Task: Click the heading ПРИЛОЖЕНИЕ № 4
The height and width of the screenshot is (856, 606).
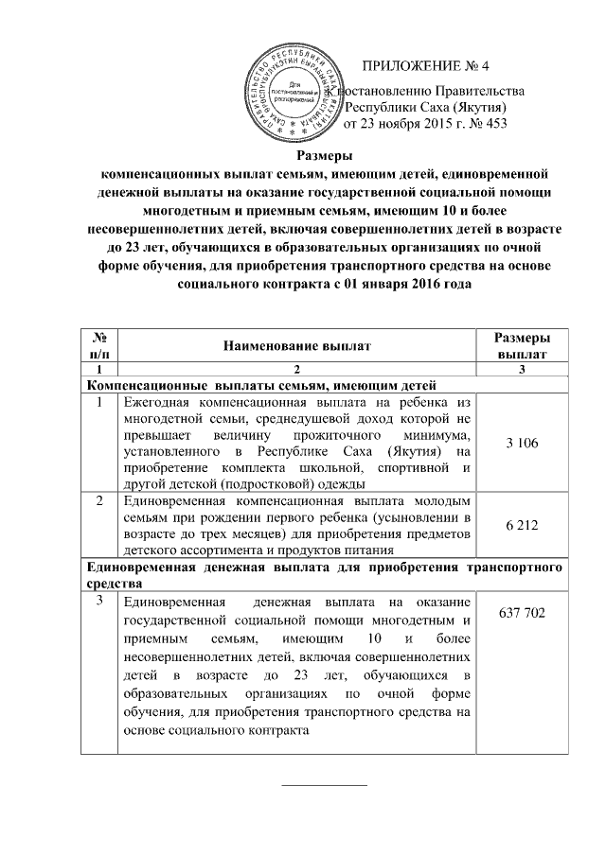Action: click(429, 67)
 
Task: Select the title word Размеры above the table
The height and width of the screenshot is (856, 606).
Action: click(325, 157)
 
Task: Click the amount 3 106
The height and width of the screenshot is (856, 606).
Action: click(523, 444)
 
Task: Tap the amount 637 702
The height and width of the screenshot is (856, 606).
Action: click(523, 614)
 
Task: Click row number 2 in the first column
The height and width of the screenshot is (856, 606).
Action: click(98, 500)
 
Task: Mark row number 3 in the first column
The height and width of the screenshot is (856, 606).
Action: click(98, 603)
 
